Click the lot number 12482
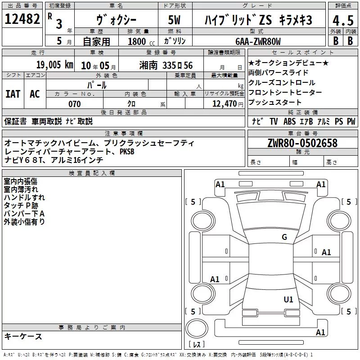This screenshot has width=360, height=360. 22,19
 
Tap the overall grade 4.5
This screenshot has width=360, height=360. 343,20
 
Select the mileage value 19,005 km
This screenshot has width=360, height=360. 55,65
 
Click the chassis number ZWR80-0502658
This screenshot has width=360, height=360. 302,143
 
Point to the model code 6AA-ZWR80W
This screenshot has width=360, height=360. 258,41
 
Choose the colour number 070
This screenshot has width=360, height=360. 75,104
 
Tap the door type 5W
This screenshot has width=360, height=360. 174,20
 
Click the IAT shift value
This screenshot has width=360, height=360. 13,94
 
